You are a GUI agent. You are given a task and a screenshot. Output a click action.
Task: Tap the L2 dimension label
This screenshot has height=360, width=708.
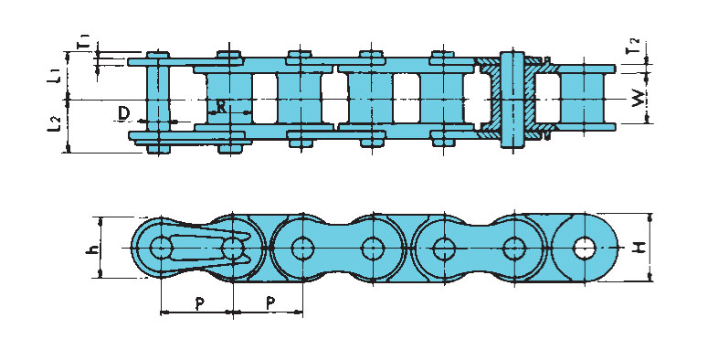54,124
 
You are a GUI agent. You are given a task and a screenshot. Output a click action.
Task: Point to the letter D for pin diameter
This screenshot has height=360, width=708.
123,114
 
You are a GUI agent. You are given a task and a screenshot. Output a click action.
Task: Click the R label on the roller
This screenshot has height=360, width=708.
221,107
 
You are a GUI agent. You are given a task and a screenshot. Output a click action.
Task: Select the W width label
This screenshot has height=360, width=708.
638,98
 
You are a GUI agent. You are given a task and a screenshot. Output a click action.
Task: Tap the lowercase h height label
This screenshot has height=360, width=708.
91,248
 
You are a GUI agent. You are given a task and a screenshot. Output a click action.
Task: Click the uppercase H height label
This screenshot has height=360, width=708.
639,248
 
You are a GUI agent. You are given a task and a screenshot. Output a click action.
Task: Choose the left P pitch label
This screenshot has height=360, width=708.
199,303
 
